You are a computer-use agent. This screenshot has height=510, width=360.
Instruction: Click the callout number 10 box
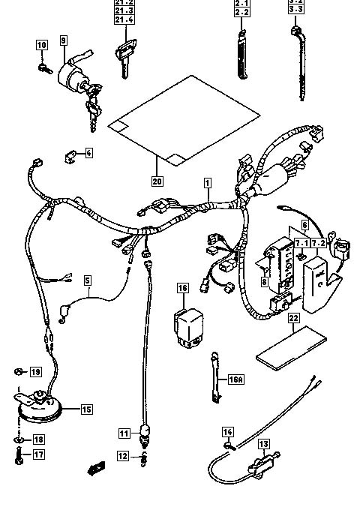pos(42,46)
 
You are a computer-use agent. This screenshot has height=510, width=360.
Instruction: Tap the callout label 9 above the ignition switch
pos(63,39)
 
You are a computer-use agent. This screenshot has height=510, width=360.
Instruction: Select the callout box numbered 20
pos(157,181)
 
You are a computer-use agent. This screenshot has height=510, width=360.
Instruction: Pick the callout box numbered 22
pos(292,318)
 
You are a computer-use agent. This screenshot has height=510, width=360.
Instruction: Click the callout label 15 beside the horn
pos(87,409)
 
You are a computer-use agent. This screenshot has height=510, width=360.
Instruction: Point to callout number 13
pos(264,444)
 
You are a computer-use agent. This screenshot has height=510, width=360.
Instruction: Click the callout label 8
pos(265,282)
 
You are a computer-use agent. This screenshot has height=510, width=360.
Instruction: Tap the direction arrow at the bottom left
pos(95,470)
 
